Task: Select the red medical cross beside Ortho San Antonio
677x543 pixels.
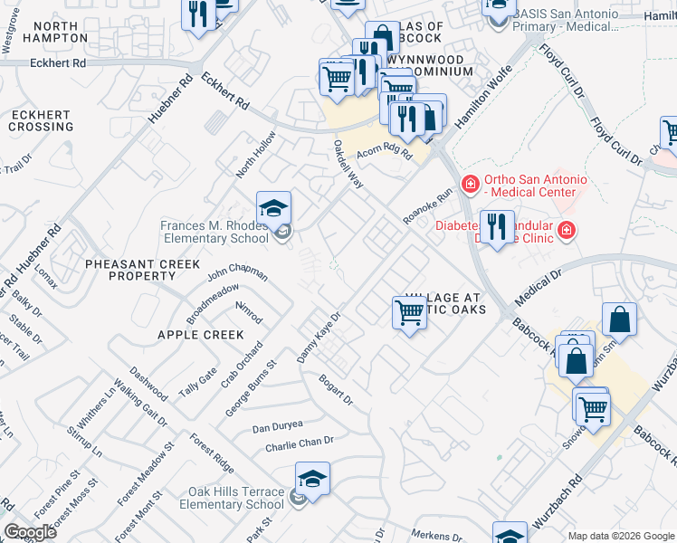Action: (470, 185)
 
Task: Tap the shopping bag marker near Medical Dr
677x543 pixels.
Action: (619, 320)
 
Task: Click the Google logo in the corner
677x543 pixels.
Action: (30, 532)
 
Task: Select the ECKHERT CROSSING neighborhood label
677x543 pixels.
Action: (42, 121)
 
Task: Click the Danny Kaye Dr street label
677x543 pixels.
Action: (319, 338)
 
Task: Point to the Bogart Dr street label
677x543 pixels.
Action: (335, 387)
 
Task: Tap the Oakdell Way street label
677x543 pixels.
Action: (348, 164)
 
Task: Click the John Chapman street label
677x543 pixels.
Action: (237, 271)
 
